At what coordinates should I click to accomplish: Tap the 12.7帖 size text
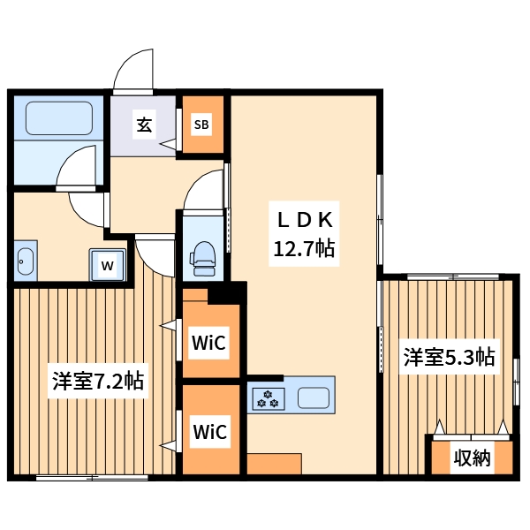click(304, 250)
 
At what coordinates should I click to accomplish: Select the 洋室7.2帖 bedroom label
click(98, 382)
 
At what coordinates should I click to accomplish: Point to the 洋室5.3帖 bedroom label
click(449, 358)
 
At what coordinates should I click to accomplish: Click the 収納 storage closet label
click(472, 458)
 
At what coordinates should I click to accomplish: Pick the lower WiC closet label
click(210, 432)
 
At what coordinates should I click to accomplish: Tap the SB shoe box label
click(201, 125)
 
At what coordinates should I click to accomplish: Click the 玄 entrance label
click(143, 125)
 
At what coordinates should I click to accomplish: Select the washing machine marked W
click(108, 264)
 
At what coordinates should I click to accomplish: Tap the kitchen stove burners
click(267, 398)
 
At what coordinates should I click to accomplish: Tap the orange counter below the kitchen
click(274, 465)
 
